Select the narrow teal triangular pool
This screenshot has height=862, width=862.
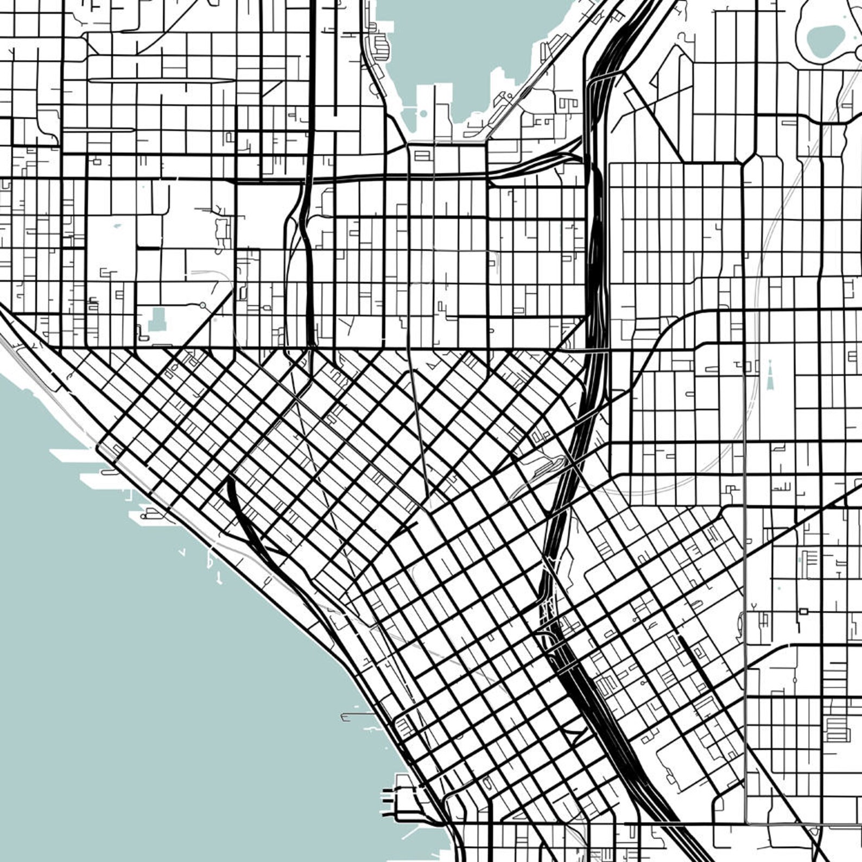pos(770,375)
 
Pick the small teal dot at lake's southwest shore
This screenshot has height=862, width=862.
pos(423,114)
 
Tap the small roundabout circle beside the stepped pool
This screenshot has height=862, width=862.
pos(202,306)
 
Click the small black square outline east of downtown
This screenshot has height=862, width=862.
pos(803,611)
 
